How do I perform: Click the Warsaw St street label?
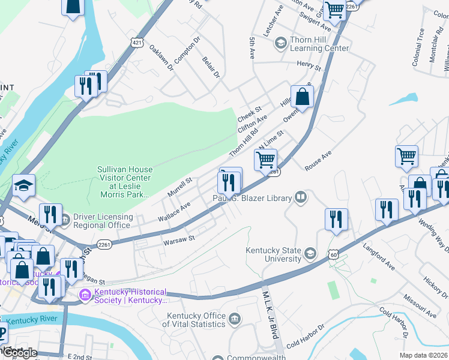tap(179, 238)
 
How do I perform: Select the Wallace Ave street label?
tap(174, 210)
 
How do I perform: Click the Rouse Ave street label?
tap(318, 161)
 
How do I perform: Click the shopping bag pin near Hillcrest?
tap(303, 97)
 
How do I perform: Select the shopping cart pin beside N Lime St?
tap(265, 160)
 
